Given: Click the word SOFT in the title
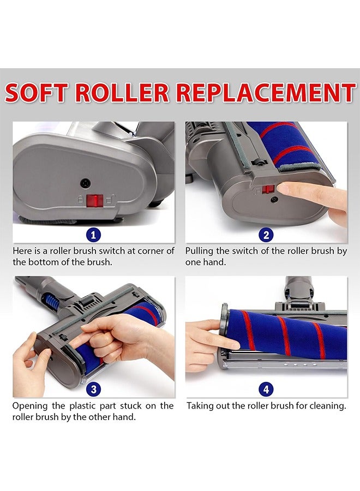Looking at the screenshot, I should click(37, 93).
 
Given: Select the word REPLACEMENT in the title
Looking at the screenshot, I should click(266, 93).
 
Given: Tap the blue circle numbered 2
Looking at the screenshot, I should click(266, 235).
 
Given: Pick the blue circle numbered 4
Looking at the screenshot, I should click(266, 390).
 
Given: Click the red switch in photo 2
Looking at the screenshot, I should click(268, 189).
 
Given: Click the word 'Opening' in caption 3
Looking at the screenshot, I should click(29, 406).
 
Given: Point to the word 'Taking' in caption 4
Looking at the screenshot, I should click(200, 406).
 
